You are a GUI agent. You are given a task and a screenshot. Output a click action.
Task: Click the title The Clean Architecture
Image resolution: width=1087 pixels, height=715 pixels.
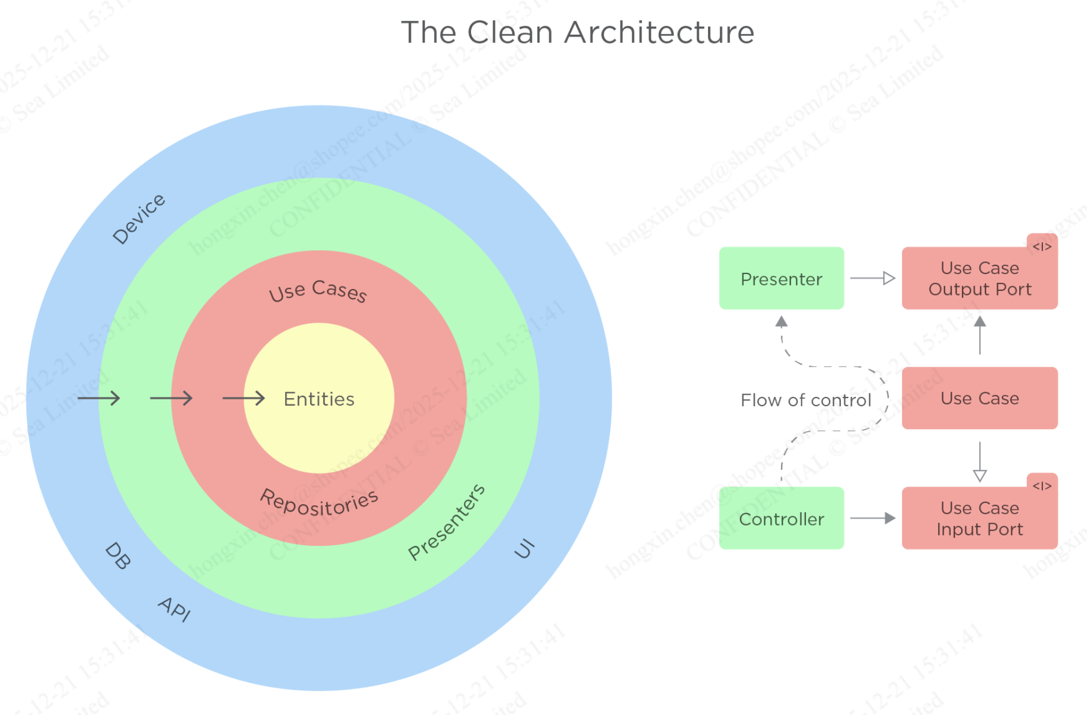[x=577, y=32]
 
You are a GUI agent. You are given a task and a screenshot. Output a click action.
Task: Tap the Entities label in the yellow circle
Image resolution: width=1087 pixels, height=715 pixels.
[x=319, y=399]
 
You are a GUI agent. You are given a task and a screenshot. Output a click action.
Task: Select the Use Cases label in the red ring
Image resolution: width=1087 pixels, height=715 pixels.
[x=318, y=291]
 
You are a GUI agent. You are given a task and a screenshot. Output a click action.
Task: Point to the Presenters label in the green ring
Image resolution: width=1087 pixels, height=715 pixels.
[x=446, y=522]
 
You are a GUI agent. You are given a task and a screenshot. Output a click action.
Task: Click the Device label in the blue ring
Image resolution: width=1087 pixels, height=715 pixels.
[x=139, y=218]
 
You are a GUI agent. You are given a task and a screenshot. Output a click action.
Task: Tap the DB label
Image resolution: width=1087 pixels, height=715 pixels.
[x=118, y=556]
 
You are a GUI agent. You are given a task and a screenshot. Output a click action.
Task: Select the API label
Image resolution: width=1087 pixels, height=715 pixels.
[x=174, y=608]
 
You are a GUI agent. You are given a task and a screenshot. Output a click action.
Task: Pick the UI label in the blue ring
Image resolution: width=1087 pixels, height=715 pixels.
[x=524, y=548]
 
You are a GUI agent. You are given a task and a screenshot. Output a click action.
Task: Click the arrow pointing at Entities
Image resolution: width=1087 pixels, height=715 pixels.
[x=243, y=398]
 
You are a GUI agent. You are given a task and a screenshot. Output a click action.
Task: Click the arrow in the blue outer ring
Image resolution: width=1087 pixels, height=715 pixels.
[x=99, y=398]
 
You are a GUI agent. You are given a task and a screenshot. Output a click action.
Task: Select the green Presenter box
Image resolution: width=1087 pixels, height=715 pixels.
[x=781, y=279]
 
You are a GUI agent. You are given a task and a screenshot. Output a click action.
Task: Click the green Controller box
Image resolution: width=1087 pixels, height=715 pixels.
[x=781, y=519]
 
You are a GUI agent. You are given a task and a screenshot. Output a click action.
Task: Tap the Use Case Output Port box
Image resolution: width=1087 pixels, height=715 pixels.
[x=979, y=279]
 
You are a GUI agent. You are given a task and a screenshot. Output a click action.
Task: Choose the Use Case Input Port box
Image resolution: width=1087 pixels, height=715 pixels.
[x=979, y=519]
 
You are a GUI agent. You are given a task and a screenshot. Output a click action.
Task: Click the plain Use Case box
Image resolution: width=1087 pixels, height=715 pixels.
[x=979, y=398]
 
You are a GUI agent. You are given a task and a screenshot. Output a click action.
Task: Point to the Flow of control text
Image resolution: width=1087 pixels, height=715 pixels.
[x=805, y=400]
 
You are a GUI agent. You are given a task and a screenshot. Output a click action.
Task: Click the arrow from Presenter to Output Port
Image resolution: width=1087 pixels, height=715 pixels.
[x=873, y=279]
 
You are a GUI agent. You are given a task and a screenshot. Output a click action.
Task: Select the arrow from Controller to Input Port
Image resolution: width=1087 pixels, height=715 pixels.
[x=873, y=518]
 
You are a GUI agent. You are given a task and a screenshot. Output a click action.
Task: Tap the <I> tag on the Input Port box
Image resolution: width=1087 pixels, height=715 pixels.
[x=1042, y=486]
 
